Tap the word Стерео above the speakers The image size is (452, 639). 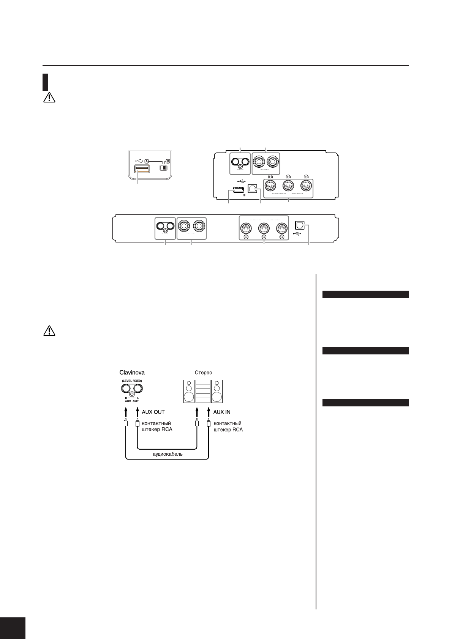click(203, 373)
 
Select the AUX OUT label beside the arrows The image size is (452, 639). click(153, 412)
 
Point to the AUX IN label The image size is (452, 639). click(222, 412)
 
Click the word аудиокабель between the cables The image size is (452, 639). click(168, 454)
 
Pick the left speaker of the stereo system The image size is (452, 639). click(188, 391)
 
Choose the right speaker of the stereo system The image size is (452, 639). click(217, 391)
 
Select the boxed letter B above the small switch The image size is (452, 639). click(168, 160)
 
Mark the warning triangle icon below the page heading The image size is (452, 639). click(49, 98)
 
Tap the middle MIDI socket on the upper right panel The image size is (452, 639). click(288, 186)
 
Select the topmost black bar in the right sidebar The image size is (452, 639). click(365, 294)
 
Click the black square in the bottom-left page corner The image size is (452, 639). click(12, 628)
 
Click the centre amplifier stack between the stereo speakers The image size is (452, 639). click(203, 391)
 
